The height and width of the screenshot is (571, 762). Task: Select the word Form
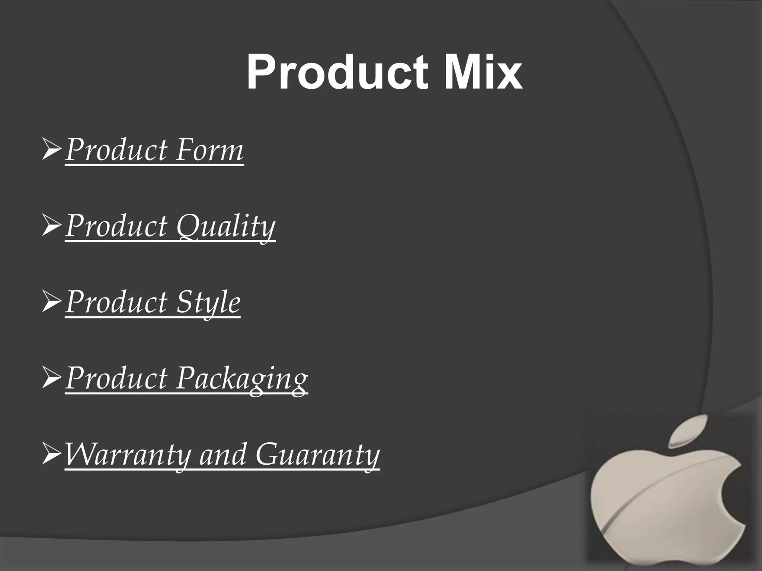209,150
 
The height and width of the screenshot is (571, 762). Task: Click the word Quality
225,226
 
